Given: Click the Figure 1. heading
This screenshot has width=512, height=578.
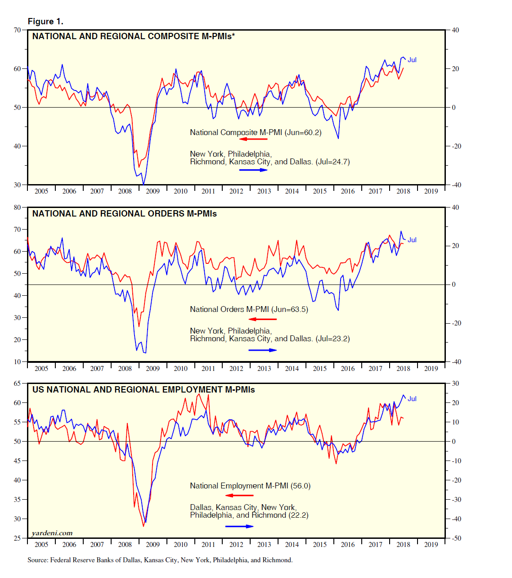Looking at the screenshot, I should (45, 22).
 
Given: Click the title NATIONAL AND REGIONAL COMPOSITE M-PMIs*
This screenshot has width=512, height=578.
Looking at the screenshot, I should (134, 36).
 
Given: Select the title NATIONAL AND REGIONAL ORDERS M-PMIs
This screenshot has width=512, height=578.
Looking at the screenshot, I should (125, 214).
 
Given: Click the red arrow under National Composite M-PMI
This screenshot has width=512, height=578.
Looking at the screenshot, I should (253, 139).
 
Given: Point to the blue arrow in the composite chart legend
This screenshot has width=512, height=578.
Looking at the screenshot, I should (253, 170).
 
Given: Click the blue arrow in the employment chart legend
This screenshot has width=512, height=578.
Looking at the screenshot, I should (239, 526).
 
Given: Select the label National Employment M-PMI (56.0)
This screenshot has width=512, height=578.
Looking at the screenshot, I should (250, 486).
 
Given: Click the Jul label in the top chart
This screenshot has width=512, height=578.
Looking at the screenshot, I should (412, 60).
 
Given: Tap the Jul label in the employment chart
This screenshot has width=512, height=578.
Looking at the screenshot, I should (412, 399).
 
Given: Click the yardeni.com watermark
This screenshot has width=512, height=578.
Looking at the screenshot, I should (52, 533).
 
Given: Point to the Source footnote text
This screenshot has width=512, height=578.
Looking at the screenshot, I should (160, 560).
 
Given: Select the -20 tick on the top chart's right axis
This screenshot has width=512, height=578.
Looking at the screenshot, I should (455, 146).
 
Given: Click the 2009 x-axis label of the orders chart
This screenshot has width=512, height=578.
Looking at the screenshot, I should (153, 369).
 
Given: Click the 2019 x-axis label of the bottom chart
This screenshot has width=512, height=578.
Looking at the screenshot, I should (431, 545).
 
